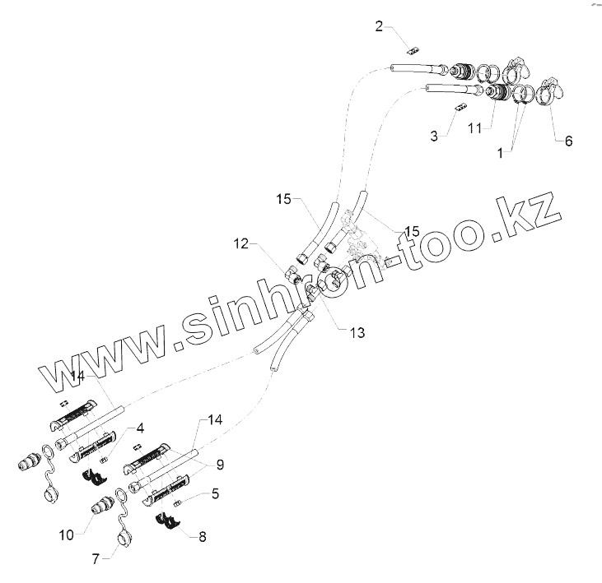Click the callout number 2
pos(379,25)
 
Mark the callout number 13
pos(357,332)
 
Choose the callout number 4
pos(141,428)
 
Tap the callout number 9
pos(220,464)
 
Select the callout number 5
pos(216,495)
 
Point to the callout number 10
pos(66,534)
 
